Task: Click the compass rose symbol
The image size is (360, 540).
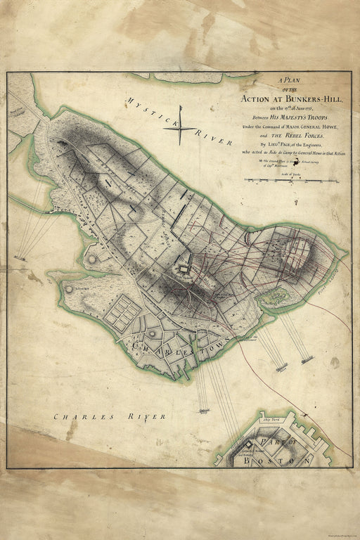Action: coord(181,127)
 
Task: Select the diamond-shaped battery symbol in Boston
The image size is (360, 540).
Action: coord(247,445)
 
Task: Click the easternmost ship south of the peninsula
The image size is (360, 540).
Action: coord(307,359)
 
